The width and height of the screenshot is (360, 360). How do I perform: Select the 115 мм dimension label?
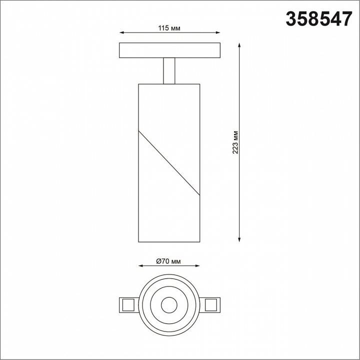(169, 28)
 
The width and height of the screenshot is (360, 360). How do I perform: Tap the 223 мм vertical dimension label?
(235, 142)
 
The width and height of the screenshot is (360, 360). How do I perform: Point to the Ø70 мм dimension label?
(168, 260)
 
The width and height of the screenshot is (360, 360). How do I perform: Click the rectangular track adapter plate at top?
(169, 50)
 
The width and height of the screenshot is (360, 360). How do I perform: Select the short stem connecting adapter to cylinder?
(169, 70)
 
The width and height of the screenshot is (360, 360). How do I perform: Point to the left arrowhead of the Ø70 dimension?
(140, 266)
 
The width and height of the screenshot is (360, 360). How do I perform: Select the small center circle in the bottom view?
(169, 303)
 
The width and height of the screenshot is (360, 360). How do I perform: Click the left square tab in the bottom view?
(126, 303)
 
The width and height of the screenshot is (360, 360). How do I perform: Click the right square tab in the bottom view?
(211, 303)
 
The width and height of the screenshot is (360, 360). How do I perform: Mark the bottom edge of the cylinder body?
(169, 242)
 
